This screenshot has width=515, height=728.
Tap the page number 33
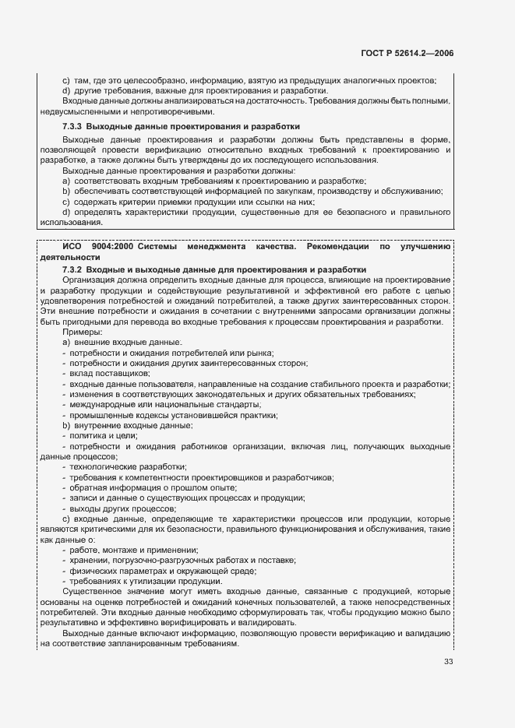[448, 663]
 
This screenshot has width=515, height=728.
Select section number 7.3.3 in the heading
[72, 126]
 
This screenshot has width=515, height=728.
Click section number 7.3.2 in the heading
[72, 268]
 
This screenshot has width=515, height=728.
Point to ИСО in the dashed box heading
[72, 247]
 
